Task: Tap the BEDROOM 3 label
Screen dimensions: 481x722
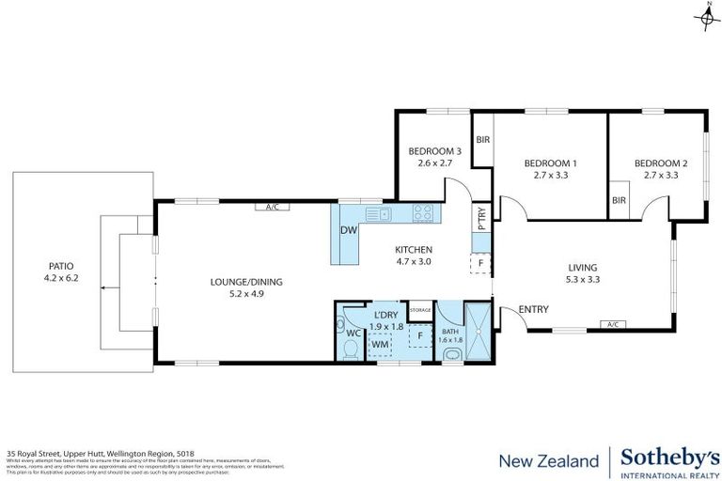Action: pos(434,151)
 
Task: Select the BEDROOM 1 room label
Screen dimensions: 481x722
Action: pos(550,163)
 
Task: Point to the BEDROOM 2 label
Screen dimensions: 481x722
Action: pos(660,163)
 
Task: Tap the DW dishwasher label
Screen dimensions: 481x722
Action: pos(347,231)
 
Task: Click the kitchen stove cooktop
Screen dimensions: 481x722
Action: pos(425,213)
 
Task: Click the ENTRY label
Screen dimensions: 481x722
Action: pos(534,310)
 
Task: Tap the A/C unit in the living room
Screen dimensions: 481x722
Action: pos(613,325)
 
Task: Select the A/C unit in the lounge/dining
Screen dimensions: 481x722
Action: pos(273,207)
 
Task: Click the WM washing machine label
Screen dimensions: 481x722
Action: pos(380,345)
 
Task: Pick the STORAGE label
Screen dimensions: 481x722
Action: pos(420,309)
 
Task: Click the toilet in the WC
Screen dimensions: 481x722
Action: pos(349,349)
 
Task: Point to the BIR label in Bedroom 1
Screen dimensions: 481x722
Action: pos(482,140)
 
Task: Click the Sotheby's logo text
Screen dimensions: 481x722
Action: pos(667,458)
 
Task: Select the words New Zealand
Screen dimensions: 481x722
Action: pos(548,460)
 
